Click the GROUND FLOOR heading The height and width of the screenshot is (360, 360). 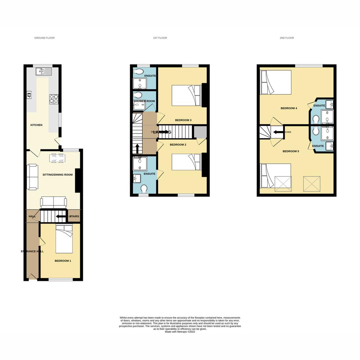(44, 38)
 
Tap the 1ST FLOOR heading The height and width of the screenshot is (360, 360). (160, 38)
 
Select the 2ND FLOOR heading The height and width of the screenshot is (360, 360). (287, 38)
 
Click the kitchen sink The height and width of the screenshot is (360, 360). (44, 71)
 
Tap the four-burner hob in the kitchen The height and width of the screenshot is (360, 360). (54, 99)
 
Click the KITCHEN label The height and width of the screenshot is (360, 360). (36, 125)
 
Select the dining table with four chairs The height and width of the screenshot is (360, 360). (57, 158)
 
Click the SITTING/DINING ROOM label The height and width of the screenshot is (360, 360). (57, 175)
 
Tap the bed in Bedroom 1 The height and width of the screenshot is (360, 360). (64, 239)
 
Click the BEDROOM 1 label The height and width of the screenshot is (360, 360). (63, 261)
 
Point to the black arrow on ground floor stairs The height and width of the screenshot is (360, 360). (60, 216)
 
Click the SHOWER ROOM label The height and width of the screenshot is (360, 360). (144, 101)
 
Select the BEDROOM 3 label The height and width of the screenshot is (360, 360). (183, 120)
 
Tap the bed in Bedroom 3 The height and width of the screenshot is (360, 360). (187, 96)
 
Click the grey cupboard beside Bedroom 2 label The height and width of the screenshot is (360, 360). (200, 132)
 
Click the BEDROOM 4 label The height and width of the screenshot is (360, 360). (289, 108)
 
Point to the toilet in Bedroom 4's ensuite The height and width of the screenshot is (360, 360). (316, 119)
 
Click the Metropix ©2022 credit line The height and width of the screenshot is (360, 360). (180, 332)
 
